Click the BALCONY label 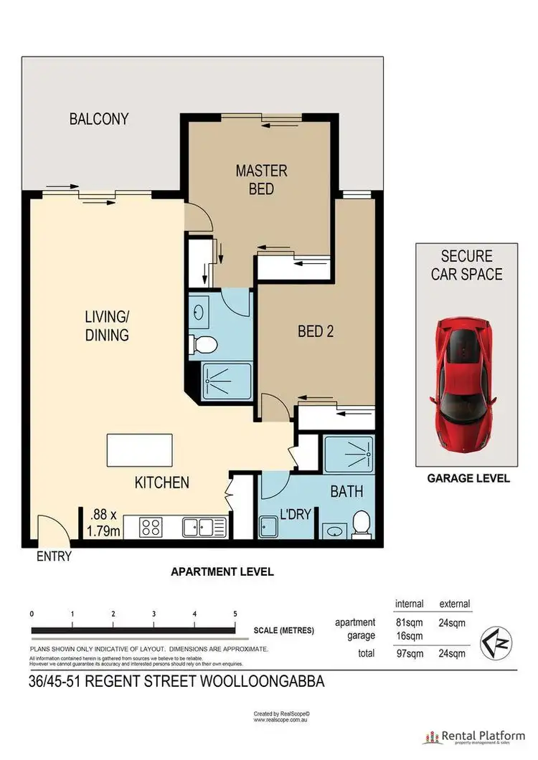(x=99, y=119)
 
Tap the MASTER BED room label (x=262, y=179)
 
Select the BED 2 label (x=316, y=331)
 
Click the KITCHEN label (x=162, y=483)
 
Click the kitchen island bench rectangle (x=139, y=450)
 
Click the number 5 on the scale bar (x=235, y=614)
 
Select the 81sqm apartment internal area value (x=409, y=622)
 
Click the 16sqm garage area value (x=409, y=635)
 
